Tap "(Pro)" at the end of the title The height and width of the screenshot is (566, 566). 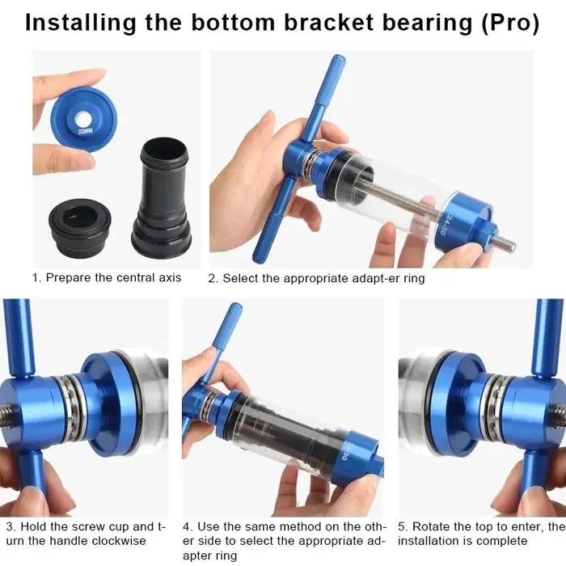click(x=510, y=23)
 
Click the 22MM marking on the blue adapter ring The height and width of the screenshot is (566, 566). click(x=86, y=131)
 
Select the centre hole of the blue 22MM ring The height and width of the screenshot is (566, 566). click(x=83, y=118)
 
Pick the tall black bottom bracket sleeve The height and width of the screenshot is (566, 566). click(x=162, y=196)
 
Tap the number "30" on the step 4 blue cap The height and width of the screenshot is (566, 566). click(x=344, y=454)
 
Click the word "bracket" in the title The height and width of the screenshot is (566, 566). click(x=329, y=23)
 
